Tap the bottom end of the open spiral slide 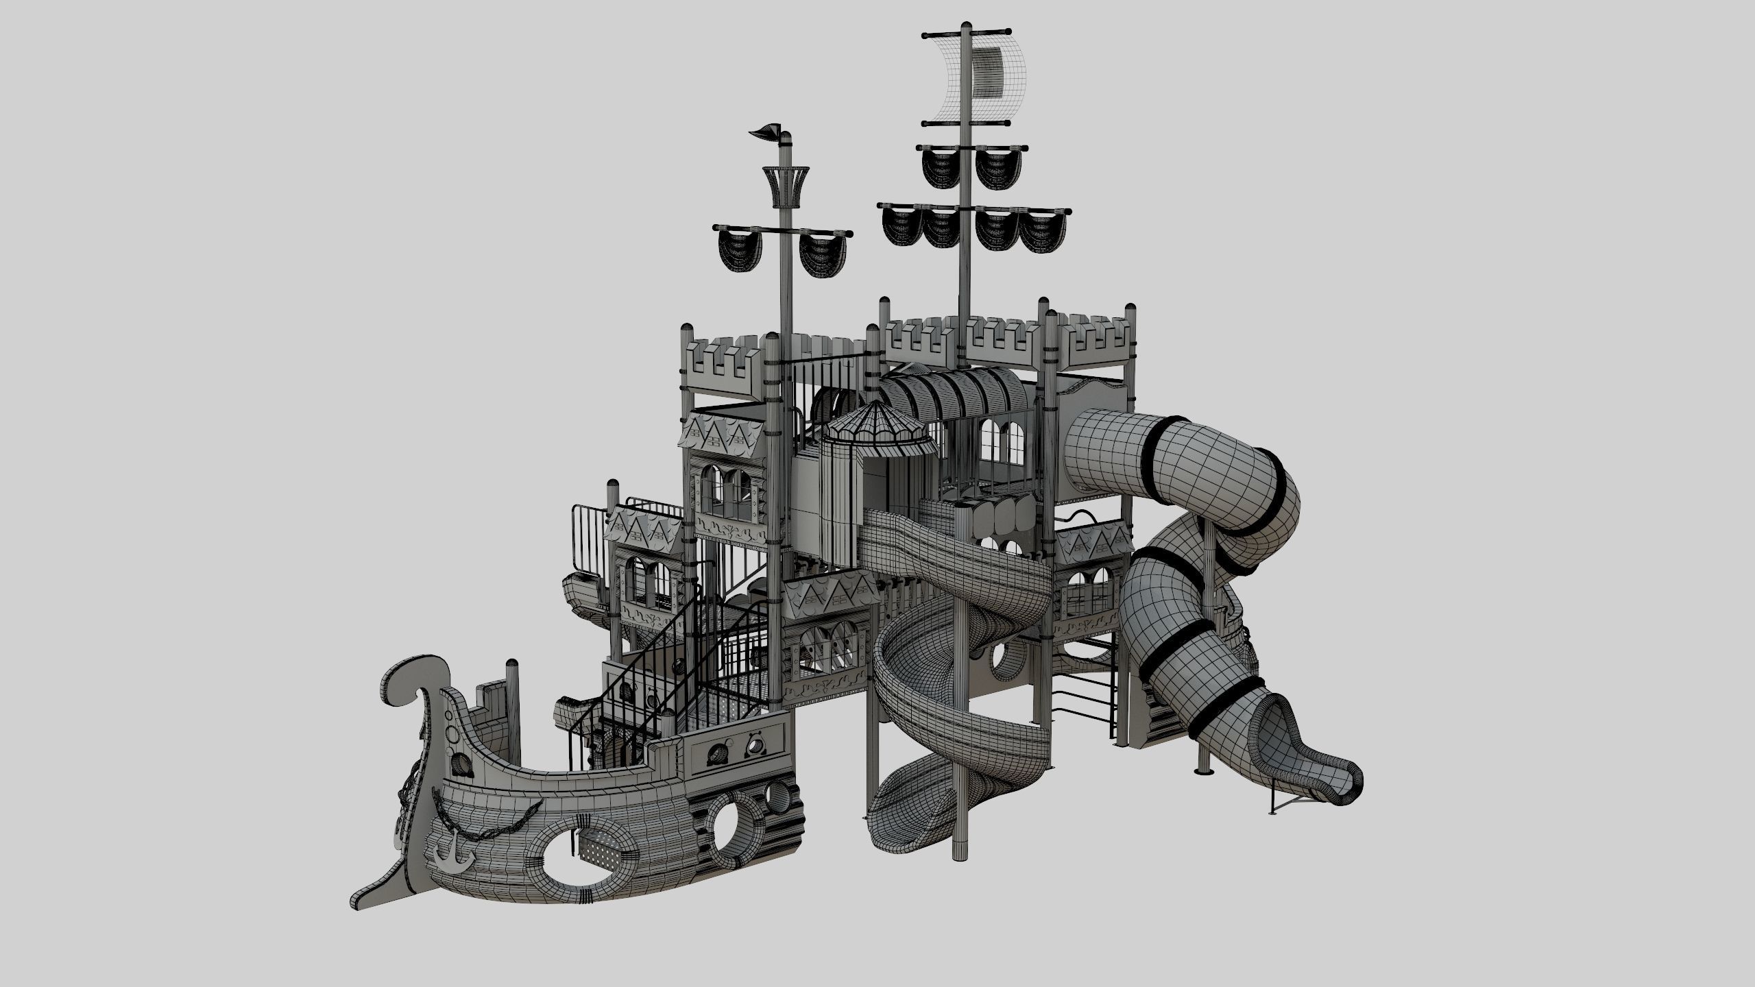891,836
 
